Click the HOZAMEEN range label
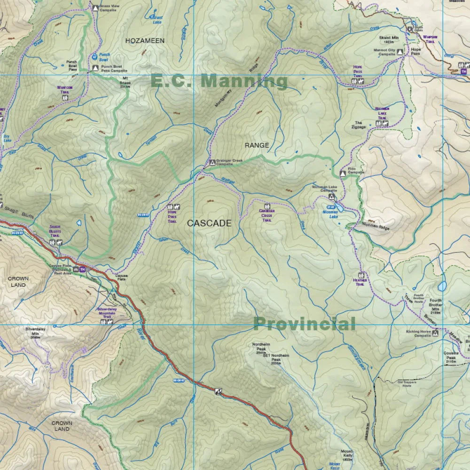[x=145, y=41]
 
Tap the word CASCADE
[x=209, y=223]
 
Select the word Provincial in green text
[x=304, y=324]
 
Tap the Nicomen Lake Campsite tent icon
[x=331, y=197]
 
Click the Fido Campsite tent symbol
[x=343, y=173]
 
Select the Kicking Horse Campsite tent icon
[x=435, y=333]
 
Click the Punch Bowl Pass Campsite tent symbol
[x=95, y=68]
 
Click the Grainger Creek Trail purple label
[x=267, y=217]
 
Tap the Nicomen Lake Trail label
[x=382, y=113]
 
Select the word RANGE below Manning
[x=257, y=145]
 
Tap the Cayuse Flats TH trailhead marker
[x=83, y=269]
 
